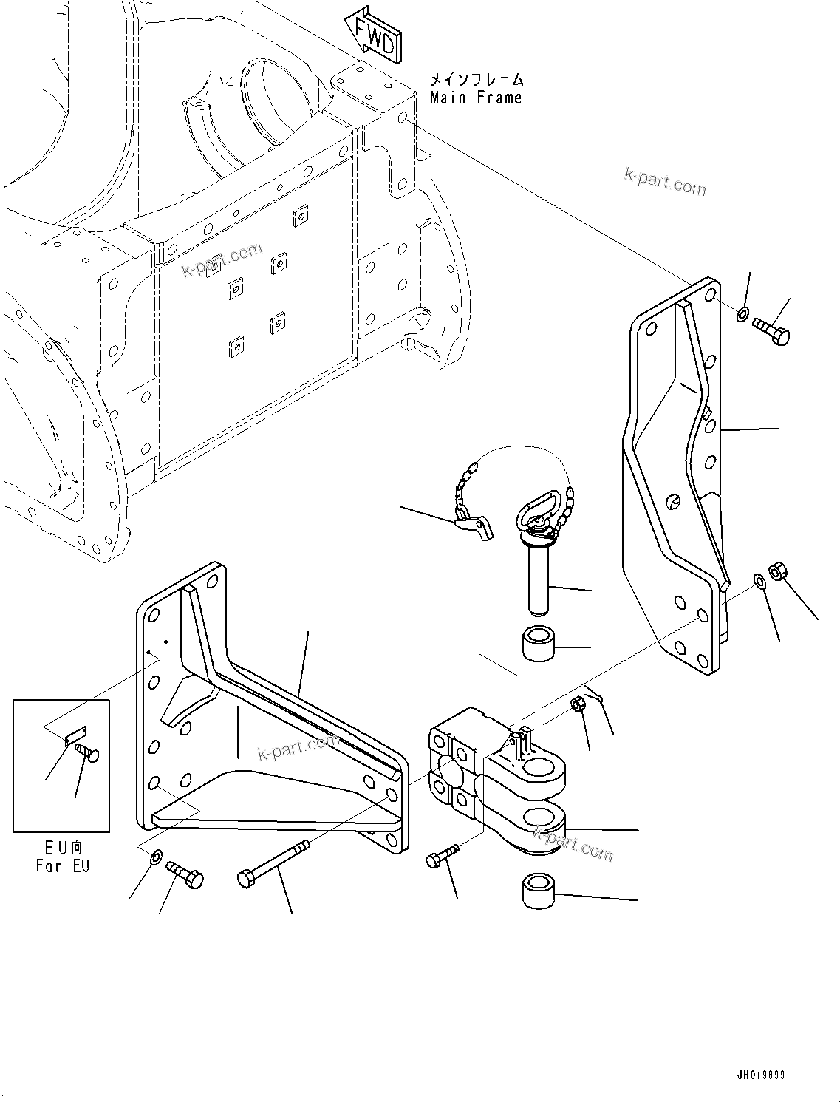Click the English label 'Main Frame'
pos(476,98)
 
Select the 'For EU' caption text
pos(63,865)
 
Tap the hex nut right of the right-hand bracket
pos(777,571)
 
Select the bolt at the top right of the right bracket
pos(772,330)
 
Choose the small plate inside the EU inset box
pos(76,737)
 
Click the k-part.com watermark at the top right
pos(665,182)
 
